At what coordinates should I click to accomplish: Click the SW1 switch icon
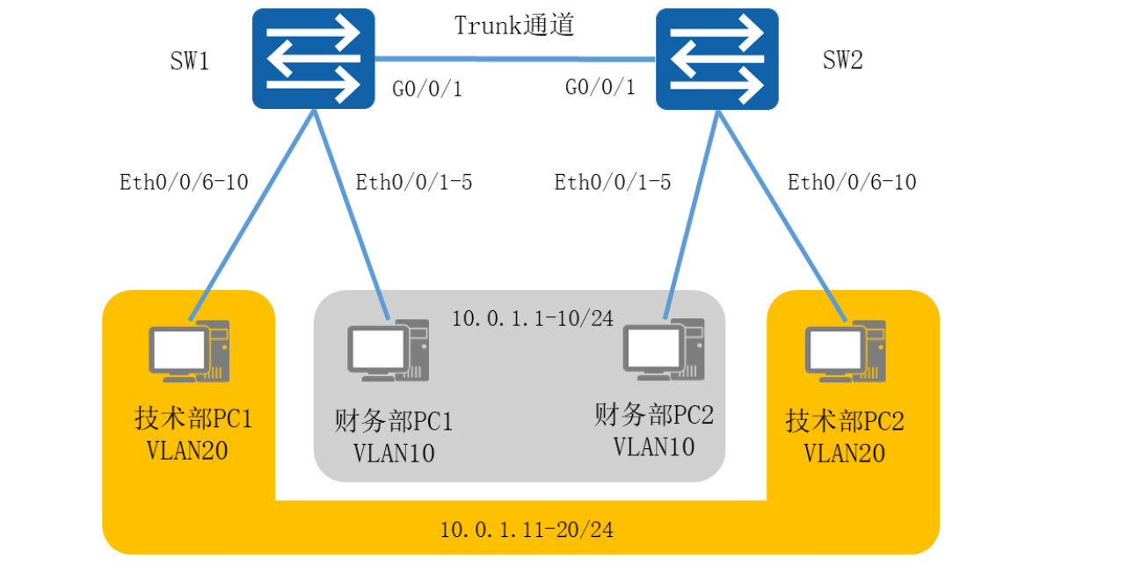(314, 59)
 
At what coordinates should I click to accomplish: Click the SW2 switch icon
(717, 59)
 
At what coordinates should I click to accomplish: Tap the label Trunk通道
(514, 25)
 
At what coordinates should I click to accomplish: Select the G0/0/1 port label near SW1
(426, 89)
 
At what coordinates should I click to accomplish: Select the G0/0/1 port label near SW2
(600, 89)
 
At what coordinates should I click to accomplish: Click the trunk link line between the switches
(515, 59)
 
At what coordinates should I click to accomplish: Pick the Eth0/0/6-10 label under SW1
(184, 182)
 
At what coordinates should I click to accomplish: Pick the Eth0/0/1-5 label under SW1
(414, 182)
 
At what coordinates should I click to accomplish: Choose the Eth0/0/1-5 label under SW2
(613, 182)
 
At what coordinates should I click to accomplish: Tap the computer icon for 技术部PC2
(845, 350)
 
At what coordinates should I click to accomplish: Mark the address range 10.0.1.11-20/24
(527, 529)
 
